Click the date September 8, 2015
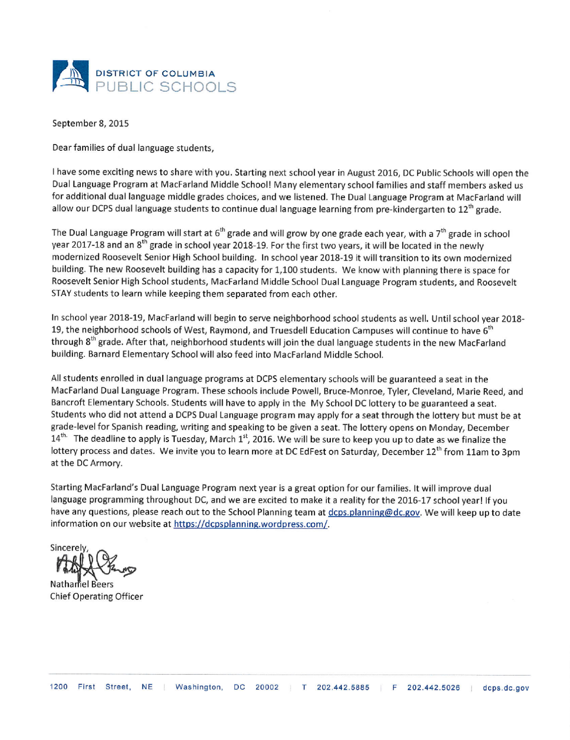click(91, 124)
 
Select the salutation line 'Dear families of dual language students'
click(133, 148)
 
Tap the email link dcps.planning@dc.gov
click(374, 512)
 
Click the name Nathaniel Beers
click(82, 584)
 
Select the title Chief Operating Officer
click(96, 596)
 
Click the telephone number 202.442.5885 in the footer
click(343, 688)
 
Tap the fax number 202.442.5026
click(434, 688)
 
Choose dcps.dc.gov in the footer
click(506, 688)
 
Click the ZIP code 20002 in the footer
click(267, 688)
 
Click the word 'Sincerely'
click(69, 547)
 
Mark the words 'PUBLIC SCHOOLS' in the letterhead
click(166, 87)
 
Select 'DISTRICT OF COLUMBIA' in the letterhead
click(156, 74)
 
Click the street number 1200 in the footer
click(59, 688)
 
